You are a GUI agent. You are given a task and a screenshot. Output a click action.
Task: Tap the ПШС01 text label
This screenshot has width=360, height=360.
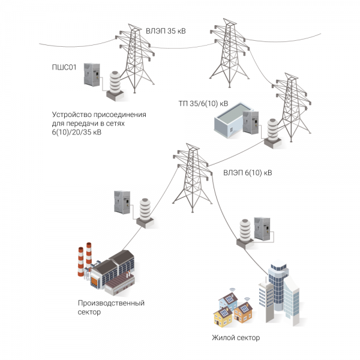coord(65,67)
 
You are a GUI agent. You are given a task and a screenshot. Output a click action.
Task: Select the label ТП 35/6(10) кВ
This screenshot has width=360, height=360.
coord(203,103)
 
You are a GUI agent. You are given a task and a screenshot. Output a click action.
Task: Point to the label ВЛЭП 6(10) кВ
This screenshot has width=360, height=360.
coord(247,173)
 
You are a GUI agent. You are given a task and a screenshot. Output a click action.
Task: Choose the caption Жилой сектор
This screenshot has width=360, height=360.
coord(236,338)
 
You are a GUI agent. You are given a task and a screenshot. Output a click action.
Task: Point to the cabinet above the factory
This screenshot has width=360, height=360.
coord(122,202)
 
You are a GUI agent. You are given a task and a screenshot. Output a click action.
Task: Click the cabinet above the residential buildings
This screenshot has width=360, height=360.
coord(262,228)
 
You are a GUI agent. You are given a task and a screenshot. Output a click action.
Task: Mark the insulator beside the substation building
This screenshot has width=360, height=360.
coord(272,132)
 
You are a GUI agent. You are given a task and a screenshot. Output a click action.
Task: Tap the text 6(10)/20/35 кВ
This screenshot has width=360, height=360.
coord(76,132)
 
